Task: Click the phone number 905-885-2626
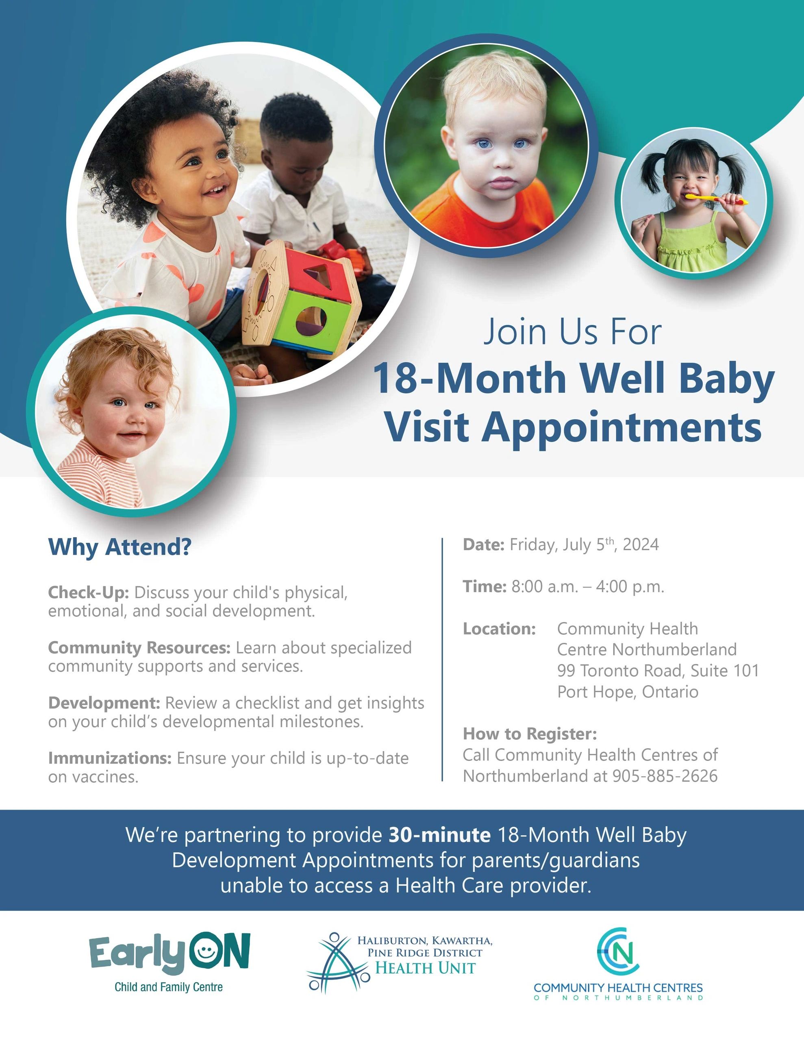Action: pyautogui.click(x=665, y=776)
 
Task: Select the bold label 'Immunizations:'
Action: pyautogui.click(x=110, y=758)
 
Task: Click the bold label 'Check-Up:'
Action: pyautogui.click(x=89, y=592)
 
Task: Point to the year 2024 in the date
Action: pyautogui.click(x=641, y=544)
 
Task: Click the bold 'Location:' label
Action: pyautogui.click(x=500, y=629)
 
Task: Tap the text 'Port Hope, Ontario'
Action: pyautogui.click(x=628, y=692)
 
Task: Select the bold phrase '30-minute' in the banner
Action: pyautogui.click(x=439, y=835)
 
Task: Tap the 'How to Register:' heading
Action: pyautogui.click(x=530, y=734)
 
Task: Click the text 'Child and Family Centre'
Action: pyautogui.click(x=169, y=987)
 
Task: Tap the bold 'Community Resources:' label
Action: pyautogui.click(x=139, y=648)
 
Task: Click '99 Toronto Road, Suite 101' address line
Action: pyautogui.click(x=658, y=671)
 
